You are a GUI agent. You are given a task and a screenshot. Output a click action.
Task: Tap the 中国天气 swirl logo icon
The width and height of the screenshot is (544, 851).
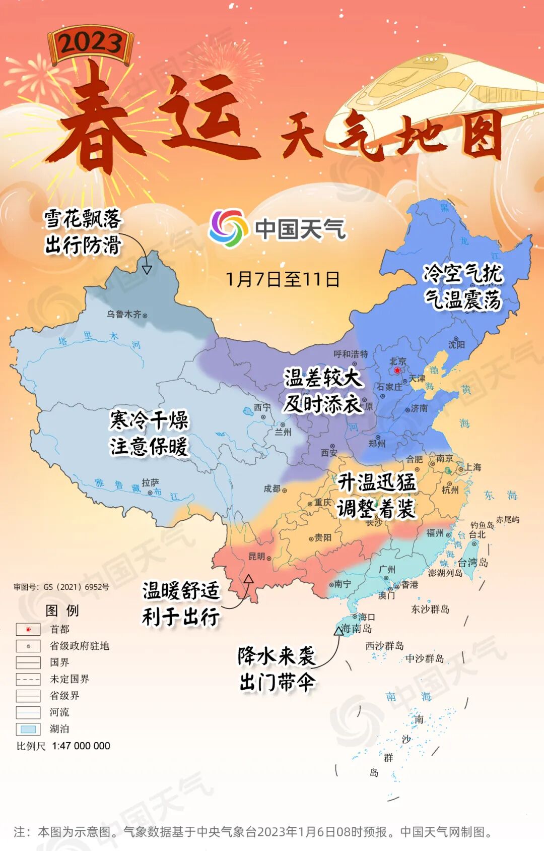[x=228, y=228]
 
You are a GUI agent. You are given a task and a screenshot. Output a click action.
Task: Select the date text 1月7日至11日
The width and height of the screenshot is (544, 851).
[x=282, y=279]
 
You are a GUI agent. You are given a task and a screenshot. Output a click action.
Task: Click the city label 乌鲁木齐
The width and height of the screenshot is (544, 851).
[x=124, y=314]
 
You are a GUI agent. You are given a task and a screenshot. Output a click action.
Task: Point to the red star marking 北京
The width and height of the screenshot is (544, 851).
[x=397, y=371]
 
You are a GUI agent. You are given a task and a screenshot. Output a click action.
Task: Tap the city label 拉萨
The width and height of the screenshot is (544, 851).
[x=150, y=482]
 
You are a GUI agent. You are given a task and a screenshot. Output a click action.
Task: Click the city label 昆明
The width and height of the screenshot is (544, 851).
[x=257, y=556]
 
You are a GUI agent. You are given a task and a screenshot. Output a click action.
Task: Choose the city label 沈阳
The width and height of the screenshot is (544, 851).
[x=456, y=344]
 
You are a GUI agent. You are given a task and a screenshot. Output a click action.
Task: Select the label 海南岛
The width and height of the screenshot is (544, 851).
[x=357, y=628]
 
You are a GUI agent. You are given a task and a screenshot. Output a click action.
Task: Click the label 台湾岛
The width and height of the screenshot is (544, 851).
[x=472, y=562]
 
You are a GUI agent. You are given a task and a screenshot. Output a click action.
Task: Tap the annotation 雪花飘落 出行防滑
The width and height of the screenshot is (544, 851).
[x=83, y=232]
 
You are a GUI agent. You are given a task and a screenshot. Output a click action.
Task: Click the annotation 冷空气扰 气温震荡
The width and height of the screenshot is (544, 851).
[x=463, y=286]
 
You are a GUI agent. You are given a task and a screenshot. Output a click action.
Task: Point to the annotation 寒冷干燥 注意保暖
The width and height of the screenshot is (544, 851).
[x=149, y=433]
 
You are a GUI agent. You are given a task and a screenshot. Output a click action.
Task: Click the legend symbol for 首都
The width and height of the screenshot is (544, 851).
[x=28, y=629]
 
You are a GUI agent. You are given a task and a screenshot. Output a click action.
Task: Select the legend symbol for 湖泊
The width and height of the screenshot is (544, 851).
[x=28, y=729]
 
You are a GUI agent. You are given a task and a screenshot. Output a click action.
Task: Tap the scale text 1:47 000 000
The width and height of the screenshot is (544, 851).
[x=81, y=746]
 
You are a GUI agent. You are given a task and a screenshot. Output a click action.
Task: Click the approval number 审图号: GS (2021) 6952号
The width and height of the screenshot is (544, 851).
[x=61, y=587]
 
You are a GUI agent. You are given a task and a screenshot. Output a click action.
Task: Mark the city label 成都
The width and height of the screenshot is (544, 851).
[x=272, y=489]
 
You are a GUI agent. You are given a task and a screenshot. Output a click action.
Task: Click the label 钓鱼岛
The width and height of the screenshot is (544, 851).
[x=482, y=525]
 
